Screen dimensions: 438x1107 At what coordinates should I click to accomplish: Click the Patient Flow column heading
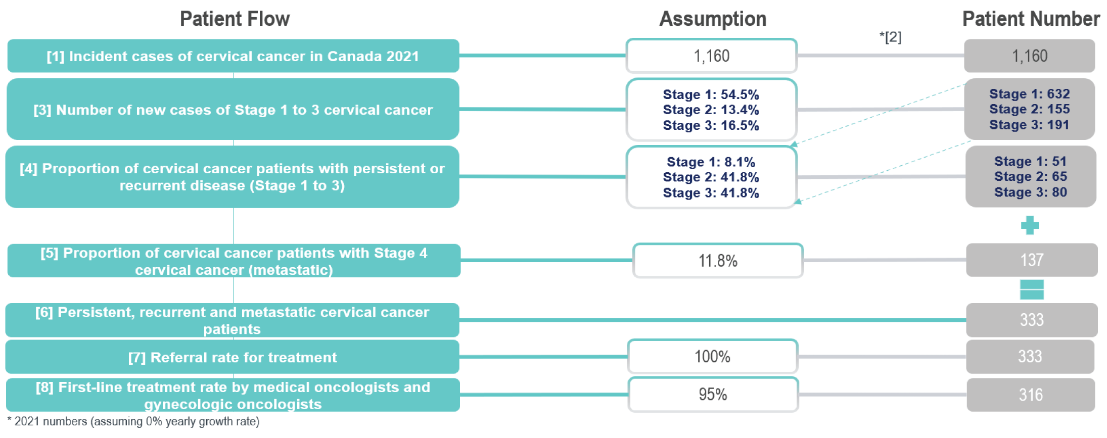(235, 19)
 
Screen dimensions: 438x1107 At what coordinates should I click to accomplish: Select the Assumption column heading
(713, 19)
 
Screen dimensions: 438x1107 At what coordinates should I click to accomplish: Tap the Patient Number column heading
(1031, 19)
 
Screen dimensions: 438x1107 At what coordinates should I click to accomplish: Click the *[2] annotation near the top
(890, 37)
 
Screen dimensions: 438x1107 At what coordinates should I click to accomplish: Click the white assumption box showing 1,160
(711, 56)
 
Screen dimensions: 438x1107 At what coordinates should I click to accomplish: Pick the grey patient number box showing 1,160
(1029, 56)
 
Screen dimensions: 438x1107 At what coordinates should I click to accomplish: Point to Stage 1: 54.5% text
(711, 94)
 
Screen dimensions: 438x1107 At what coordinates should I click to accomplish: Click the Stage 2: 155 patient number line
(1029, 109)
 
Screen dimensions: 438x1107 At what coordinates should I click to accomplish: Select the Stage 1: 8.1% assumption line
(711, 162)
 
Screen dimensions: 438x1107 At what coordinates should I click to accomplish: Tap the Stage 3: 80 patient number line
(1030, 192)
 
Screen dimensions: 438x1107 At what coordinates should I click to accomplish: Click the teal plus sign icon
(1030, 225)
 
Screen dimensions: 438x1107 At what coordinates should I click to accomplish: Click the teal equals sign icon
(1032, 290)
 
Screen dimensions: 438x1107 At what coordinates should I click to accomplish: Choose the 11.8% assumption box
(718, 261)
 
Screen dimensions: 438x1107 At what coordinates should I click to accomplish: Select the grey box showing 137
(1032, 260)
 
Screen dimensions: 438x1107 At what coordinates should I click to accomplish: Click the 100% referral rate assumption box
(712, 357)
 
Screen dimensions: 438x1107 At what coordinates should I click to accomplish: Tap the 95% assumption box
(713, 395)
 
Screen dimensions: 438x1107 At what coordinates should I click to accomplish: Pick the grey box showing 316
(1031, 395)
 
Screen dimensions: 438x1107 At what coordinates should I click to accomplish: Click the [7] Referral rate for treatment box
(233, 357)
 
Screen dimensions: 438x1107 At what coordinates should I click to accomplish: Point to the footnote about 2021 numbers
(133, 421)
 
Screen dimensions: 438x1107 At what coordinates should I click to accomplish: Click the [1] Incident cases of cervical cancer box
(233, 56)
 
